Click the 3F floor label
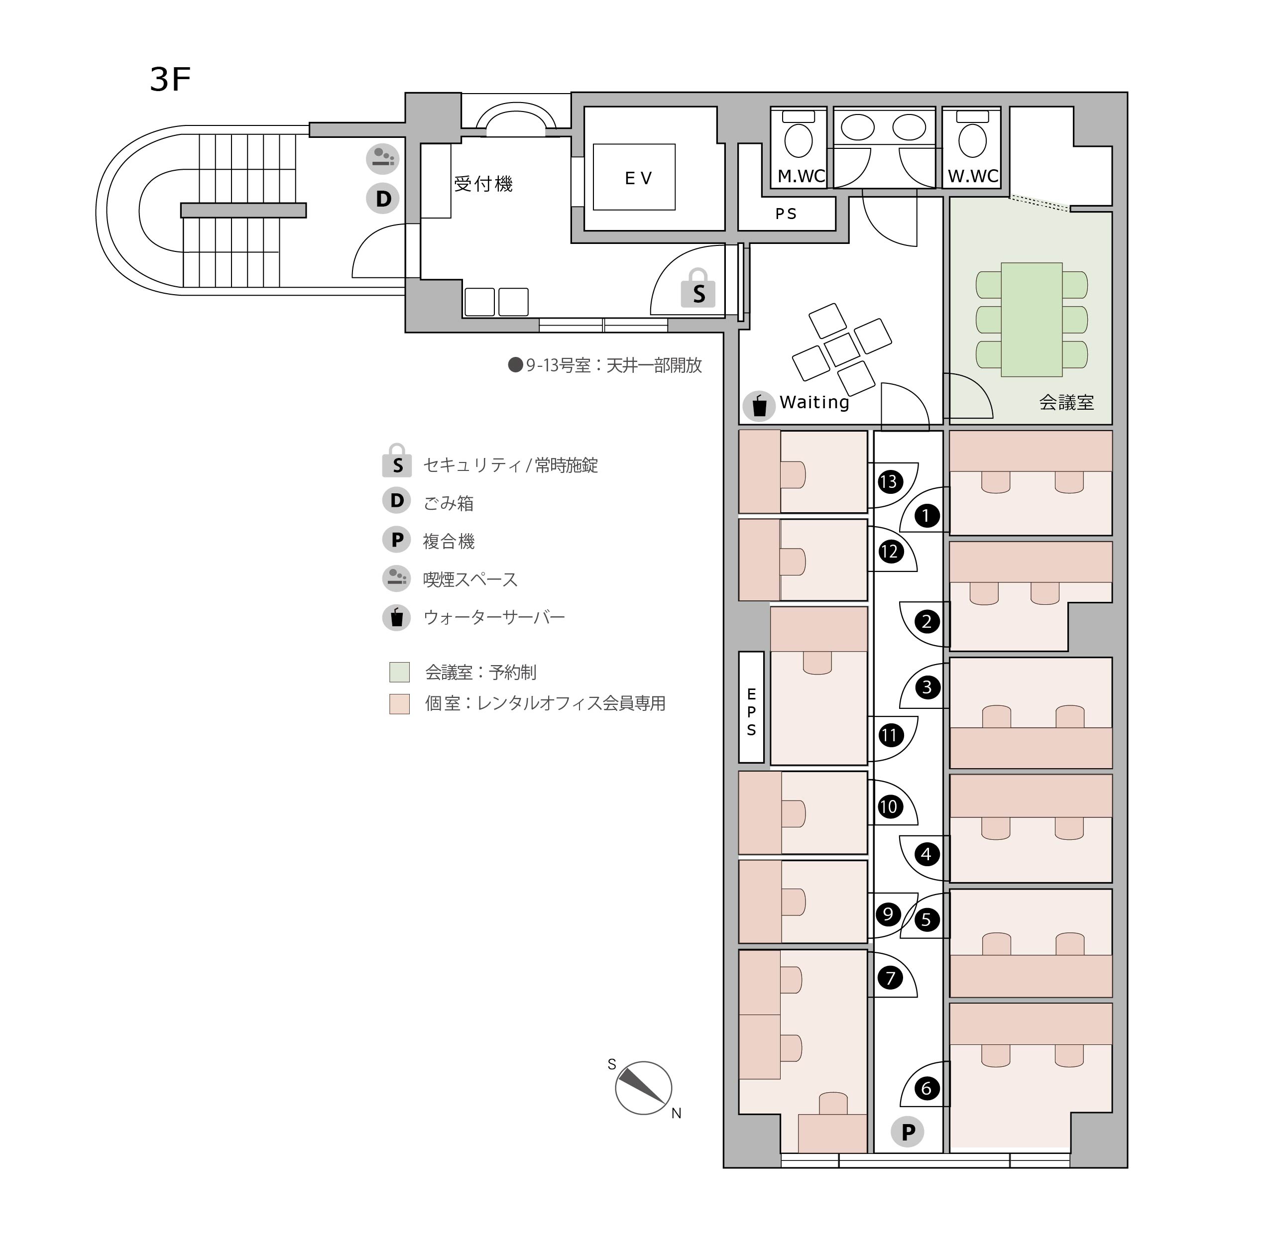[x=170, y=80]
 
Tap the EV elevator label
[x=638, y=178]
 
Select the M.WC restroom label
[x=802, y=176]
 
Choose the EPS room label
[x=751, y=712]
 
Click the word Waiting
[x=814, y=402]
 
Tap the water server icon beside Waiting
[x=759, y=406]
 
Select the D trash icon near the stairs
[x=383, y=199]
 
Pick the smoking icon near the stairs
[x=383, y=158]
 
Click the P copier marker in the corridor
[x=908, y=1132]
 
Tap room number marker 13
[x=889, y=482]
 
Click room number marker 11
[x=889, y=735]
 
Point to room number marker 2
[x=927, y=621]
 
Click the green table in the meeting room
[x=1032, y=320]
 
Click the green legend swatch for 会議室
[x=400, y=672]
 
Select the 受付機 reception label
[x=483, y=184]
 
